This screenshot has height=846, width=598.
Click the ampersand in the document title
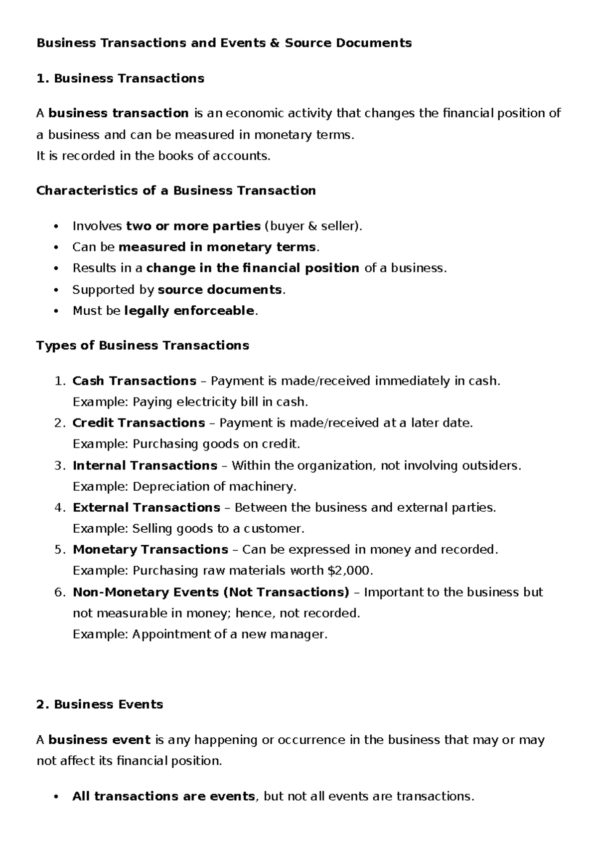tap(275, 43)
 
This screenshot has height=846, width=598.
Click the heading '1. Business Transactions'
tap(120, 78)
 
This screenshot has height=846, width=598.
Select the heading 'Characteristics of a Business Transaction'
tap(176, 191)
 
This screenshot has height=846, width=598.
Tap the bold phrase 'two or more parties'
tap(193, 226)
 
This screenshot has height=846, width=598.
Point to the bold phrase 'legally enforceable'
tap(189, 311)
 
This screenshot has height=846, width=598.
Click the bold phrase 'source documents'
tap(220, 290)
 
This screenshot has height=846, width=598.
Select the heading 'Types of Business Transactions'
tap(143, 345)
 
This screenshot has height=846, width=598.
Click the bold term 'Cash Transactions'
tap(134, 381)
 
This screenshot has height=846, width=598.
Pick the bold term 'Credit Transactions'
tap(139, 423)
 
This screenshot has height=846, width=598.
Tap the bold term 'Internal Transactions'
tap(145, 465)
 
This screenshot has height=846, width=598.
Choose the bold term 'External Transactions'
tap(146, 508)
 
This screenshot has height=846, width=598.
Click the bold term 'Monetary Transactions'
tap(150, 550)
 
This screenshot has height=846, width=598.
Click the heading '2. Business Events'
tap(100, 704)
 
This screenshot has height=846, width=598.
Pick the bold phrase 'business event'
tap(99, 740)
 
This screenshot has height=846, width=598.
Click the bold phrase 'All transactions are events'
tap(163, 796)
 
